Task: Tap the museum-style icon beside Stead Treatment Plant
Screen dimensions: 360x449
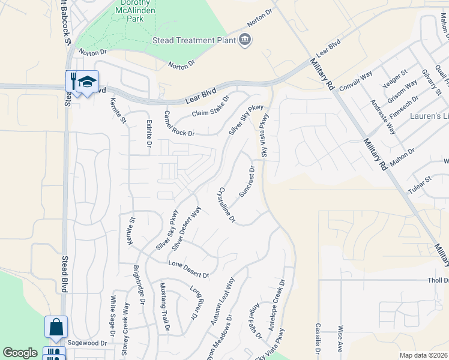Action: point(245,40)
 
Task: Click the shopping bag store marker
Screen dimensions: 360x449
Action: point(56,328)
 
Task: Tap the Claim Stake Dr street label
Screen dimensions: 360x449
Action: point(211,107)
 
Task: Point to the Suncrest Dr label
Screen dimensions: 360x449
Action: point(247,181)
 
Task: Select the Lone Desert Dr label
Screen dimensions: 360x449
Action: point(188,269)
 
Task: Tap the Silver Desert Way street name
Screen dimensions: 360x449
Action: point(185,228)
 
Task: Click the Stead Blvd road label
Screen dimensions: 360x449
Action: point(65,274)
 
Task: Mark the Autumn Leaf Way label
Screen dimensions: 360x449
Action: point(222,301)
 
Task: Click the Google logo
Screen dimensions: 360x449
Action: point(20,353)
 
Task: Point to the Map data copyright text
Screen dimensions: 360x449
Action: point(424,355)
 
